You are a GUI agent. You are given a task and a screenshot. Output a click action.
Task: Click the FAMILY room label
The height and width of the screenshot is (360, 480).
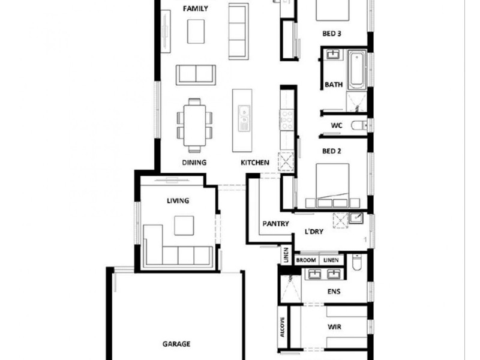(195, 8)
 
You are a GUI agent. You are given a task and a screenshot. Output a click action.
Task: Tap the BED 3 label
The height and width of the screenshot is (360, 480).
(332, 34)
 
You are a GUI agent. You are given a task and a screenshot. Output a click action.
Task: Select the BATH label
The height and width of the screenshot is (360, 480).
(334, 85)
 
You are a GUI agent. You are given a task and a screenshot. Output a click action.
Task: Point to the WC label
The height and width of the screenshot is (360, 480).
(337, 125)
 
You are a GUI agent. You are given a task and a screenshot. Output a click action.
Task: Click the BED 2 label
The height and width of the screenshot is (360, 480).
(331, 151)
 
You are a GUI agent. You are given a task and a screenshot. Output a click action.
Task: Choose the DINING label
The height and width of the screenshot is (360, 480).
(194, 163)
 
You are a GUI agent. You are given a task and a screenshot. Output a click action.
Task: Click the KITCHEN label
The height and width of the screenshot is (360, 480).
(255, 163)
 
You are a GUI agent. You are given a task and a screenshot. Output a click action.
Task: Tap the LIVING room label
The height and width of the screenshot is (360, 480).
(178, 200)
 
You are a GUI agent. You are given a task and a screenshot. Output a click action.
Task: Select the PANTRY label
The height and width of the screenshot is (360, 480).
(276, 224)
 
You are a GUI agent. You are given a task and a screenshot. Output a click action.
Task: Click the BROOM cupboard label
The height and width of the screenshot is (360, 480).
(305, 260)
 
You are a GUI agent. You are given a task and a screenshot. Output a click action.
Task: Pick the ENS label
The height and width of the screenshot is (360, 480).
(334, 292)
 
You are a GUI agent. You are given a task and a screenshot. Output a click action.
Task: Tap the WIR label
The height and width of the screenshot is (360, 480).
(334, 328)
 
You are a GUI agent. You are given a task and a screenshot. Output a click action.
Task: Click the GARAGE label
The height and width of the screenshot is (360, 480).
(176, 344)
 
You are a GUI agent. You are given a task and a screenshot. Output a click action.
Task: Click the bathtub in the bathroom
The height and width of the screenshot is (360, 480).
(356, 69)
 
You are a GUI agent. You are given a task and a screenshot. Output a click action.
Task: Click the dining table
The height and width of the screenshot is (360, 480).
(194, 125)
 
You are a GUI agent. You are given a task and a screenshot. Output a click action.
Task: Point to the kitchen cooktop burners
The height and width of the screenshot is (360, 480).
(287, 119)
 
